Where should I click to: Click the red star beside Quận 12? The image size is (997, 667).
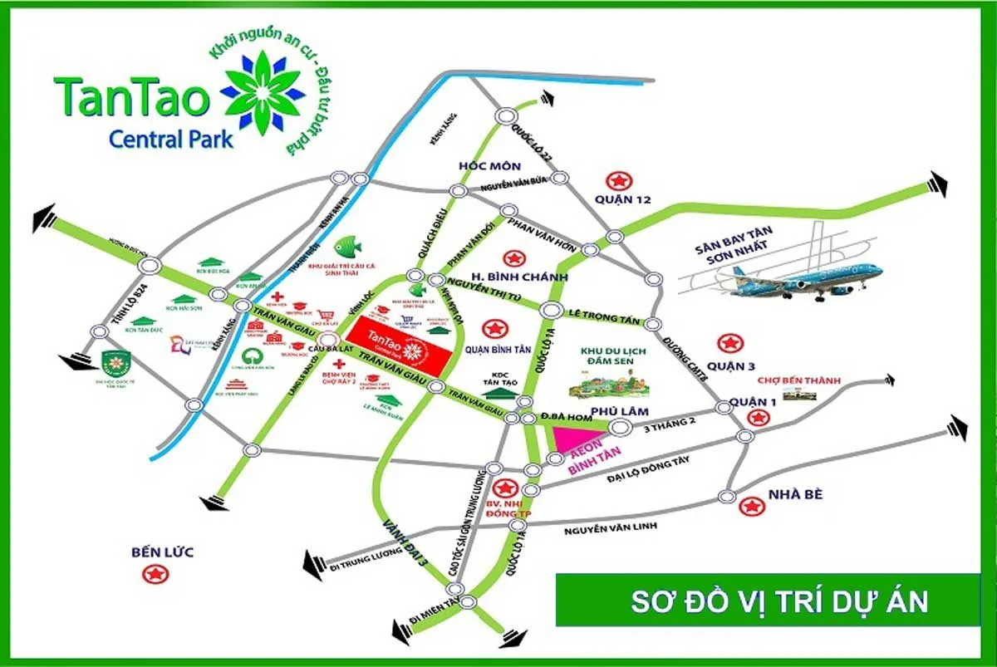tap(618, 179)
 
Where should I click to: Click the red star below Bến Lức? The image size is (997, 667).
tap(155, 573)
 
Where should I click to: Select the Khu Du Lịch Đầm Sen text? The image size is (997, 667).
tap(616, 358)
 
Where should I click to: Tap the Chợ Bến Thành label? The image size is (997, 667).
tap(800, 381)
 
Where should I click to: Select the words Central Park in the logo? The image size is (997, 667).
tap(171, 138)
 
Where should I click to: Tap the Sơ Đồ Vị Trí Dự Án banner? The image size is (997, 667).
tap(779, 600)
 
